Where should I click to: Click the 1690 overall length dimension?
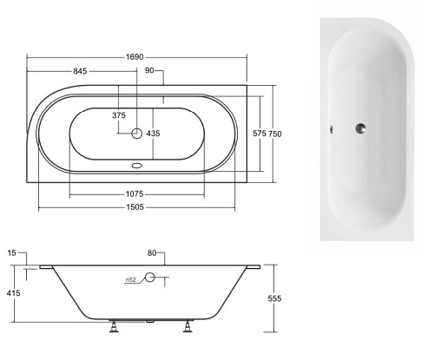pos(135,57)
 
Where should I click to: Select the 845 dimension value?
pos(80,71)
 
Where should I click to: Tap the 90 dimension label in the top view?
pos(149,70)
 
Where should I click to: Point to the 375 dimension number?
pos(119,115)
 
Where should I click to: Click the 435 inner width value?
pos(154,134)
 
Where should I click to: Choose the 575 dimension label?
pos(260,134)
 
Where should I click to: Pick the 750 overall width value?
pos(275,134)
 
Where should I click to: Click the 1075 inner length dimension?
pos(135,194)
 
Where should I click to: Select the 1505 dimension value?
pos(135,207)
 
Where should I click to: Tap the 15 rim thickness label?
pos(11,253)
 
